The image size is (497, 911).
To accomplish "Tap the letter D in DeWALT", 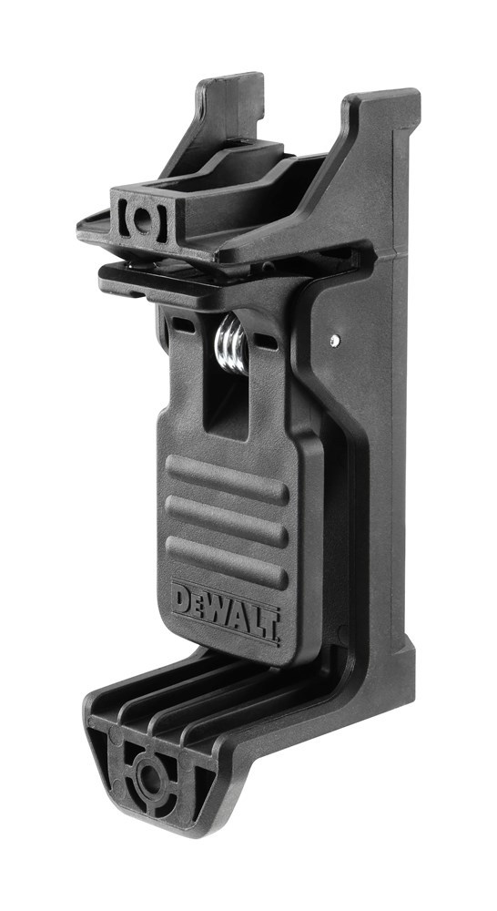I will (x=181, y=601).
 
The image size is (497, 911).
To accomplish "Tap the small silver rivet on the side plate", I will (x=336, y=340).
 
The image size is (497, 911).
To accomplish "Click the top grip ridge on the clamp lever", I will (x=227, y=479).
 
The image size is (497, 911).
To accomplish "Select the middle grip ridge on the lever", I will (x=227, y=517).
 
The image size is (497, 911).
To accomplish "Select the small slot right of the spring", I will (x=268, y=341).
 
